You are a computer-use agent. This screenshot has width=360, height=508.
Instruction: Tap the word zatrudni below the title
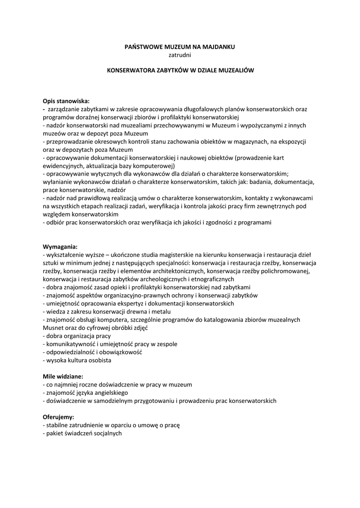pos(180,55)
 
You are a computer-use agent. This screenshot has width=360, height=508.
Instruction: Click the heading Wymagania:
pos(60,247)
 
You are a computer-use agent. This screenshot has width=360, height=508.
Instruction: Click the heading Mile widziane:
pos(63,376)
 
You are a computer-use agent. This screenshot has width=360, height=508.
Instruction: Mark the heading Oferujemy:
pos(59,417)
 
